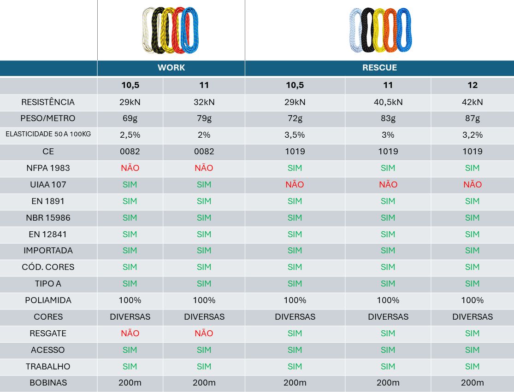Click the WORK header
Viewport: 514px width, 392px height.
tap(171, 68)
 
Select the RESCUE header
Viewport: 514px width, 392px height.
tap(379, 68)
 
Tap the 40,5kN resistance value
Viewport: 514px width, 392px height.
tap(388, 102)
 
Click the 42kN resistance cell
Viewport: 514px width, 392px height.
tap(472, 102)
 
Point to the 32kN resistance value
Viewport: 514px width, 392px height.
tap(204, 102)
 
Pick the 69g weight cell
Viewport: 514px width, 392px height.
tap(130, 118)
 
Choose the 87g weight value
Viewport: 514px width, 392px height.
tap(472, 118)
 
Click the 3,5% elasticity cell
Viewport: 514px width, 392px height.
tap(295, 135)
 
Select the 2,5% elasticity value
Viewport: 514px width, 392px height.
tap(130, 135)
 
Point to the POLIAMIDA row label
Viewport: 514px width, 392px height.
tap(48, 300)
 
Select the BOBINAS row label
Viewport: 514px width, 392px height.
tap(48, 383)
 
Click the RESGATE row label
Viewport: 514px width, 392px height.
tap(48, 333)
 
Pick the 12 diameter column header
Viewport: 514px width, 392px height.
tap(472, 85)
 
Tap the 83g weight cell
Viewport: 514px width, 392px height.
tap(388, 118)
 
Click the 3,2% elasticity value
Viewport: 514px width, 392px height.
tap(472, 135)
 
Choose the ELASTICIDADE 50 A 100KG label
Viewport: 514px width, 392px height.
tap(48, 135)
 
